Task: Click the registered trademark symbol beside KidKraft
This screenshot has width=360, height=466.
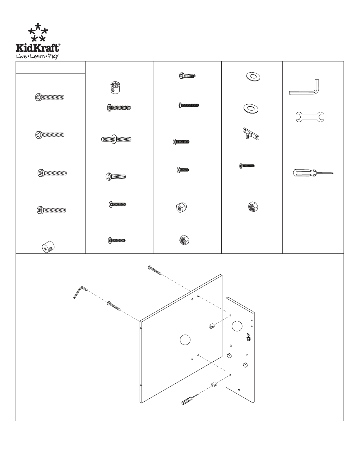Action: [x=59, y=45]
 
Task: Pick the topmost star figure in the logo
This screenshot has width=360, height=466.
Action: [x=38, y=26]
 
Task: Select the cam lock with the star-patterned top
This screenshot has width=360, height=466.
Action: [x=115, y=88]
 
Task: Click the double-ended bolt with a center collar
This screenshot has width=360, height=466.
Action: [x=116, y=139]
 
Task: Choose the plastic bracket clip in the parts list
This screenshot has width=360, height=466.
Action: [x=251, y=134]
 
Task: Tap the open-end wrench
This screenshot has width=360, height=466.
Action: [x=310, y=117]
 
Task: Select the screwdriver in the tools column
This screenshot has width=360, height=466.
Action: [x=313, y=173]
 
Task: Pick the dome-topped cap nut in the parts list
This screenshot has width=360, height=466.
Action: [x=181, y=207]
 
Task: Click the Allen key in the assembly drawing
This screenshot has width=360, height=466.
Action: [x=80, y=292]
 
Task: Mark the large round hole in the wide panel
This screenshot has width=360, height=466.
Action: [x=185, y=340]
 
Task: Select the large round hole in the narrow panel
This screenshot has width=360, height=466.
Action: [x=237, y=326]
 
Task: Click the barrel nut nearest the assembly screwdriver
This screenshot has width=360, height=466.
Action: [x=215, y=385]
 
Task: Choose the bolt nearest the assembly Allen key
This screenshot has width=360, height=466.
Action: [x=113, y=306]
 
